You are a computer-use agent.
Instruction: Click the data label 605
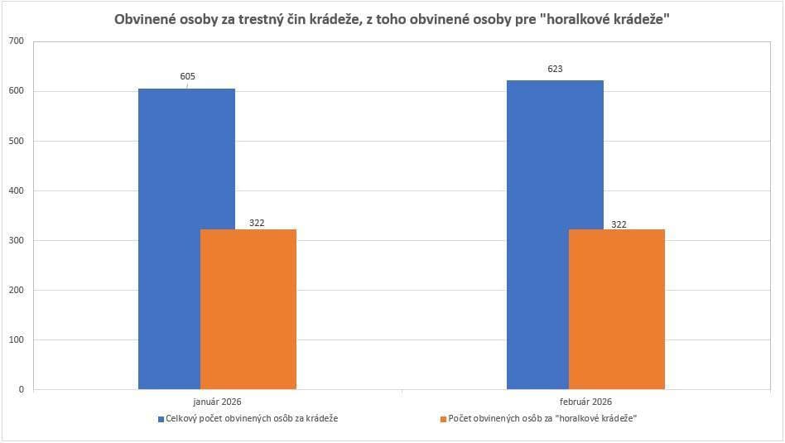click(188, 76)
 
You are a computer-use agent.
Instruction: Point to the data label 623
click(555, 69)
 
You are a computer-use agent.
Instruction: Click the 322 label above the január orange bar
click(256, 223)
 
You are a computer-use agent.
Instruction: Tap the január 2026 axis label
click(217, 402)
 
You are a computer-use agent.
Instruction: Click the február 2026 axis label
click(585, 402)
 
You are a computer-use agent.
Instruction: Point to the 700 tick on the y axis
click(17, 41)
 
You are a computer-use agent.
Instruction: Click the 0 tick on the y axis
click(21, 389)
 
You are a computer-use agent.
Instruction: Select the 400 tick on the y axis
click(17, 190)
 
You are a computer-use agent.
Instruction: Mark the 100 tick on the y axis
click(17, 339)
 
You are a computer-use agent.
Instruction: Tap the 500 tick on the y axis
click(17, 141)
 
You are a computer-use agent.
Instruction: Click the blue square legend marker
click(161, 419)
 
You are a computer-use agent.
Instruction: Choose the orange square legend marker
click(443, 419)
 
